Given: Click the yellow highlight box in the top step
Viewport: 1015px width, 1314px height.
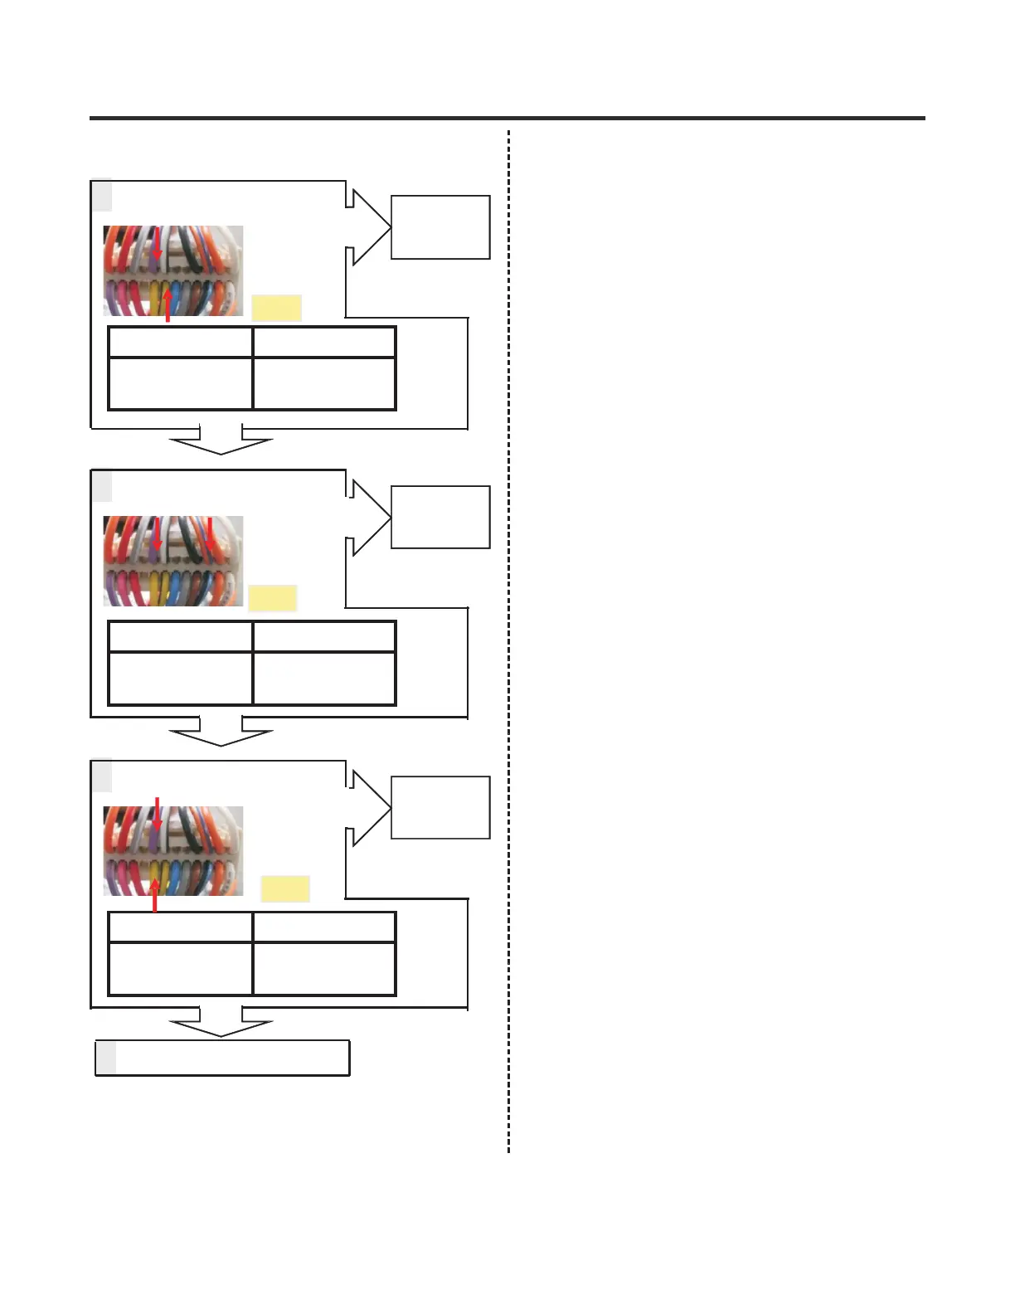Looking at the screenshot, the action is [x=276, y=308].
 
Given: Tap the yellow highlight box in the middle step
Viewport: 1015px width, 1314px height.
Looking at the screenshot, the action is [x=272, y=598].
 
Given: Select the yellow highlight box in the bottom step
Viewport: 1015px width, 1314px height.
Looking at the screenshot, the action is [x=285, y=888].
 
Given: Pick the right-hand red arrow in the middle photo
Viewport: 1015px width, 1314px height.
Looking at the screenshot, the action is [x=210, y=533].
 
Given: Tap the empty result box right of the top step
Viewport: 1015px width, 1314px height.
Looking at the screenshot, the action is [x=440, y=227].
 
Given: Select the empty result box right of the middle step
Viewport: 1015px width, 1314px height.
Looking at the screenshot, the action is [x=440, y=517].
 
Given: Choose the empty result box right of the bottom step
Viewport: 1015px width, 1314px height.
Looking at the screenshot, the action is [x=440, y=807].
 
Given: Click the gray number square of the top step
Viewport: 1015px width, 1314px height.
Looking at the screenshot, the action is [x=101, y=196].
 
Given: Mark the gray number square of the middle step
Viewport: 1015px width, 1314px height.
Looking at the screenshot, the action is [x=101, y=486].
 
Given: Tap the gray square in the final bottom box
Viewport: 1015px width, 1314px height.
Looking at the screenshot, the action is [x=106, y=1058].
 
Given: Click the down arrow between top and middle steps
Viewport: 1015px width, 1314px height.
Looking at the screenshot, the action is [x=221, y=442].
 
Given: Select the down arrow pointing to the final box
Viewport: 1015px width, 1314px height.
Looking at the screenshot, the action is [x=221, y=1024].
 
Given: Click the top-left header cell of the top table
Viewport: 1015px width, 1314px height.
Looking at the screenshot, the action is [x=180, y=342].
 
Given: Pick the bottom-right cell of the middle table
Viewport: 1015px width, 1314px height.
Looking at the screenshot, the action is [x=324, y=678].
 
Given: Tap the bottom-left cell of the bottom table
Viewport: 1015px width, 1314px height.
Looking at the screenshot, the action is [x=180, y=968].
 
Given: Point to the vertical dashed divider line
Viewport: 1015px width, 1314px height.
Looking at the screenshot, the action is [x=508, y=639].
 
